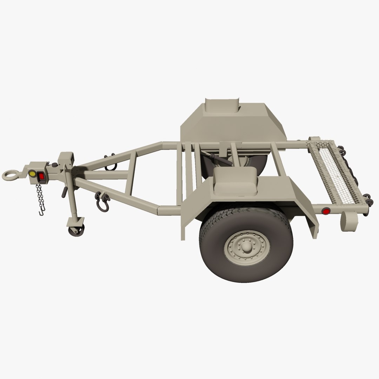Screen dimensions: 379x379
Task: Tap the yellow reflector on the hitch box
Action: click(32, 174)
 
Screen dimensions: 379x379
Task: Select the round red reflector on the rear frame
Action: click(326, 211)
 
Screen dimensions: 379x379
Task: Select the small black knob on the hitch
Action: click(55, 165)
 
